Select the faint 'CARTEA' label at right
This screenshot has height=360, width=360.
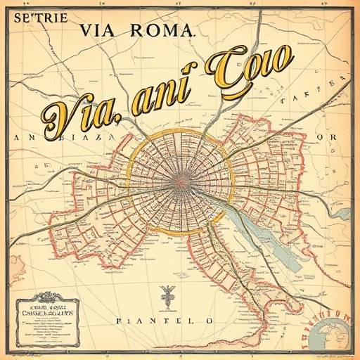point(309,101)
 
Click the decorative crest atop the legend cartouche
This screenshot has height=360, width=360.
point(46,296)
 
